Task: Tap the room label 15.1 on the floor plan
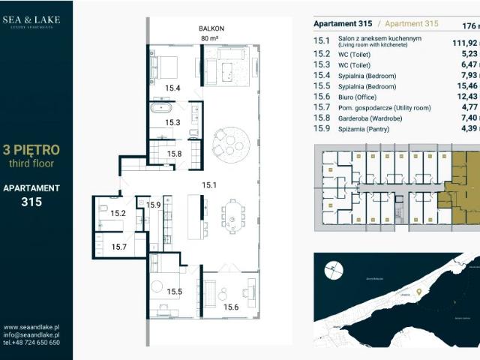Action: tap(209, 184)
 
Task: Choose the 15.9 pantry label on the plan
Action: tap(154, 205)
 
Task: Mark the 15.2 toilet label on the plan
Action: tap(118, 214)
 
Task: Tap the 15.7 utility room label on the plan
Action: tap(119, 246)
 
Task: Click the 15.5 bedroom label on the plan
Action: tap(174, 292)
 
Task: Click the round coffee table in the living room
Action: tap(229, 140)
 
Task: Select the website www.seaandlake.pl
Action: tap(31, 327)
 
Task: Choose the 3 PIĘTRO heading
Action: tap(31, 149)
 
